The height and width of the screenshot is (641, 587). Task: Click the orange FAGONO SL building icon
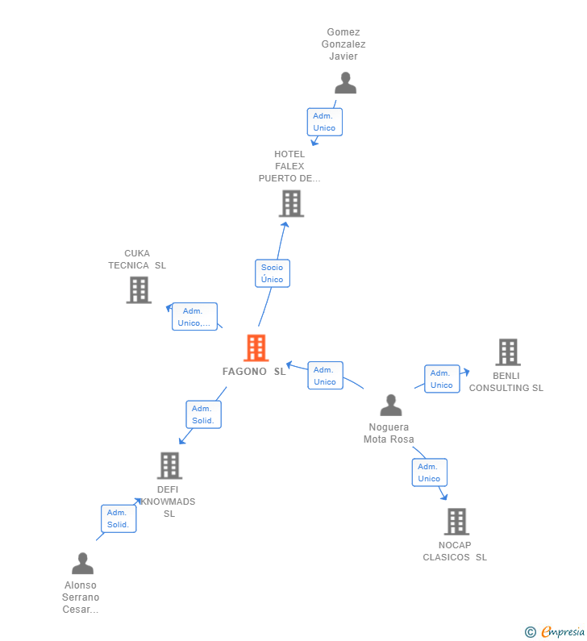256,348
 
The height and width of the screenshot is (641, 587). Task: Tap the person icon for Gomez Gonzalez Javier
345,83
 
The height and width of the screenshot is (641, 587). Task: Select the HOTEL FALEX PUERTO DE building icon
291,203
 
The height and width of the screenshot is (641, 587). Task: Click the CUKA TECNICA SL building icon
139,289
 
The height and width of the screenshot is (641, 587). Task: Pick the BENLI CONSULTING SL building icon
507,352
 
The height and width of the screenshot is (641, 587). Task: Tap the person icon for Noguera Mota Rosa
391,405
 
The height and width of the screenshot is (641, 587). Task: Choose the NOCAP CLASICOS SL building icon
456,522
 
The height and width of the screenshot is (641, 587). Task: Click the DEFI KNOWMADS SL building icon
169,465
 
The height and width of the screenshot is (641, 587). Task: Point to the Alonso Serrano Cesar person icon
82,564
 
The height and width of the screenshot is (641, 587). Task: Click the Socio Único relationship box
273,273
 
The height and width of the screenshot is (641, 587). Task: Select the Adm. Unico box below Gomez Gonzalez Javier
324,122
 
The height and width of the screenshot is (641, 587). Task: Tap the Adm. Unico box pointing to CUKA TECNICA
194,317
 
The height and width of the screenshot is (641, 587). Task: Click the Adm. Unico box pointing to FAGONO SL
325,376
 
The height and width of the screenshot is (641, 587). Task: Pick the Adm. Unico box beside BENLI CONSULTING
442,379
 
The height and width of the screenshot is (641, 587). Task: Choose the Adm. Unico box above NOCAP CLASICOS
429,472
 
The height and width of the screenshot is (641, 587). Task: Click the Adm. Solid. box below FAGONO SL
203,414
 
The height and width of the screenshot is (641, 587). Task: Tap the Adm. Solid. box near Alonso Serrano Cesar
119,518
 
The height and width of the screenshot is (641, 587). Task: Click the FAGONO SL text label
254,372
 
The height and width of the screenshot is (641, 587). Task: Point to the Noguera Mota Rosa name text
389,433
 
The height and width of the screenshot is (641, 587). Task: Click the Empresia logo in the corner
555,632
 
